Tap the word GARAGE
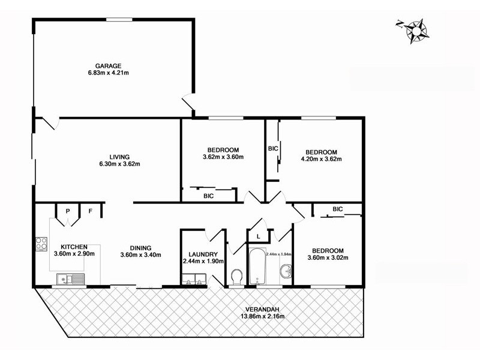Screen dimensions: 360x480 pos(108,66)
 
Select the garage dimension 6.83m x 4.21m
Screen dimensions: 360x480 pos(108,73)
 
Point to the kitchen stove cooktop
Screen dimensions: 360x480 pos(41,244)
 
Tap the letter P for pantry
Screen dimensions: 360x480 pos(68,211)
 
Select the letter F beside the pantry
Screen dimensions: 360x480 pos(91,211)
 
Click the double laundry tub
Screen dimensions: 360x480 pos(194,278)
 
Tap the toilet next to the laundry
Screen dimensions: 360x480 pos(237,277)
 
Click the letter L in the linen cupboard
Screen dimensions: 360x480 pos(258,236)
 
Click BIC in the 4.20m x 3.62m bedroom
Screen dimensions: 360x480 pos(273,148)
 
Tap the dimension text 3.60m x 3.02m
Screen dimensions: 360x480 pos(328,258)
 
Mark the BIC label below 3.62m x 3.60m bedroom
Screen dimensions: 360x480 pos(209,196)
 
